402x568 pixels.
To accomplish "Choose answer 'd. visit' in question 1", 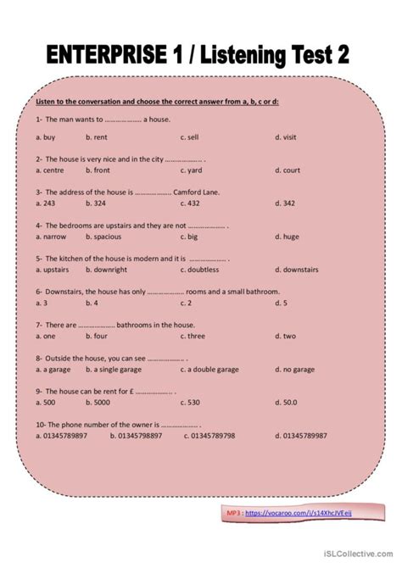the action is click(x=288, y=136).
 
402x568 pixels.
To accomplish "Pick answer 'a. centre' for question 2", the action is click(x=52, y=170).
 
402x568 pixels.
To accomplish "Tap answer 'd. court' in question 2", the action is click(x=288, y=170).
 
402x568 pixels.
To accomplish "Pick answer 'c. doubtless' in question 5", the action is click(x=201, y=270).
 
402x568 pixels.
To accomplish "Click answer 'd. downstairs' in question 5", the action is click(x=297, y=270).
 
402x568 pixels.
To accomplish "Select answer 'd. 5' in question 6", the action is click(x=282, y=303).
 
